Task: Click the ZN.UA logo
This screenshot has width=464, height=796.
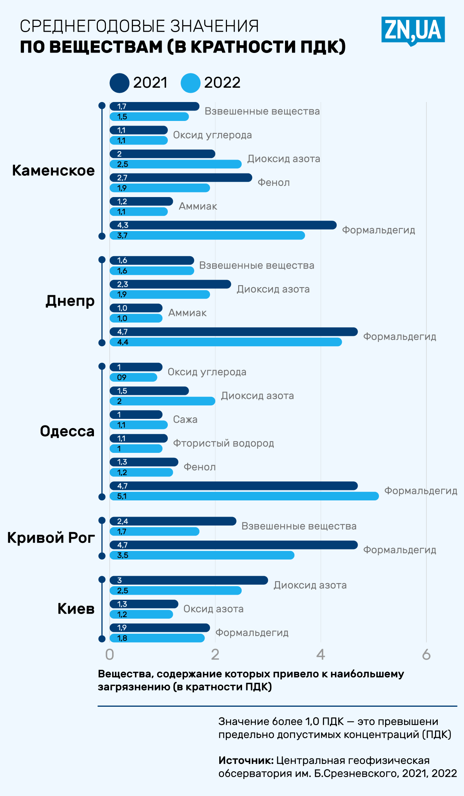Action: click(413, 30)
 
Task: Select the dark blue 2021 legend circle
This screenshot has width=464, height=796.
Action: click(119, 83)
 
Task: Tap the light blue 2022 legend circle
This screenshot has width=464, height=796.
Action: click(190, 83)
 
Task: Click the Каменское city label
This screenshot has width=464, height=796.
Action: click(53, 170)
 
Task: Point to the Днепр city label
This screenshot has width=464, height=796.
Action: click(70, 301)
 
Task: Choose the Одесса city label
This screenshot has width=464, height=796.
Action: click(67, 431)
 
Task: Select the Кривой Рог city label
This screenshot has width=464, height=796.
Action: click(51, 537)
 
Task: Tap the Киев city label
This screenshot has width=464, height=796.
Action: click(76, 609)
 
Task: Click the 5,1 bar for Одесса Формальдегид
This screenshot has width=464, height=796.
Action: click(244, 496)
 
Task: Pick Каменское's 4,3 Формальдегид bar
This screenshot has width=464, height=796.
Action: click(223, 225)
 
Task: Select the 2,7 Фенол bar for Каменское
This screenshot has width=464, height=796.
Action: click(181, 178)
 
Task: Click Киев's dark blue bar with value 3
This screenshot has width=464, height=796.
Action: click(189, 580)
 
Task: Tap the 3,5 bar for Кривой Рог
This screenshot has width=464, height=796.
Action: click(202, 555)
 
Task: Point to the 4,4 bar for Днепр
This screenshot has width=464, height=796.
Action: click(225, 342)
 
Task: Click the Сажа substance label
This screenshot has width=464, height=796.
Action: click(185, 420)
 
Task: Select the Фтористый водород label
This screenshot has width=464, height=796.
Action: click(223, 443)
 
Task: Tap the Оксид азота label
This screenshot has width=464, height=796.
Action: click(213, 609)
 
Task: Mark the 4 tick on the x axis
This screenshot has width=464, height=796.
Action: click(321, 655)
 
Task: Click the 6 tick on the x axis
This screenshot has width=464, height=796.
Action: click(426, 655)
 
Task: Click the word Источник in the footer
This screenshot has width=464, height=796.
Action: click(246, 760)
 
